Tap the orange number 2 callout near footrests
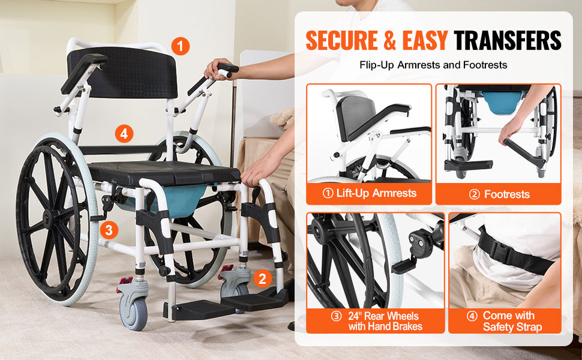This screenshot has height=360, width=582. click(x=261, y=278)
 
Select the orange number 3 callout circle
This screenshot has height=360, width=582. click(x=107, y=229)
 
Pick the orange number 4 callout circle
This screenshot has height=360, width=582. click(x=124, y=133)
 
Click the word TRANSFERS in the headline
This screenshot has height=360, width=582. click(x=508, y=40)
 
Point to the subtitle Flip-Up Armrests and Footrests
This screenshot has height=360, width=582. click(x=433, y=65)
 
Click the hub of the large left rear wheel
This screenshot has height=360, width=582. click(x=50, y=218)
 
